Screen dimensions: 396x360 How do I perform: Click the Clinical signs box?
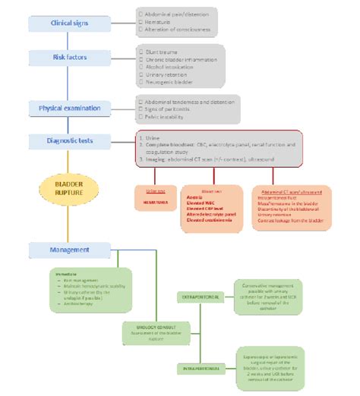tap(69, 23)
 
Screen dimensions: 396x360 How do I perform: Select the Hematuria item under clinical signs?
tap(155, 23)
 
